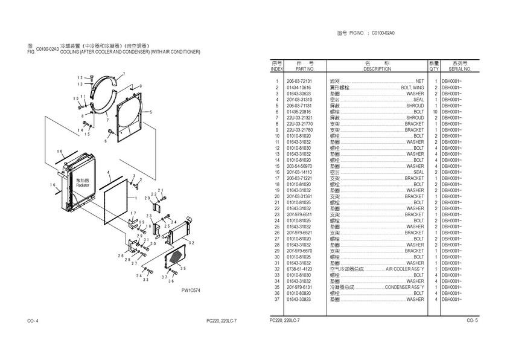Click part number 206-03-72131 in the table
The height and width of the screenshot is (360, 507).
(299, 82)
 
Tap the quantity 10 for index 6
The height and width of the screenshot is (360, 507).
(435, 112)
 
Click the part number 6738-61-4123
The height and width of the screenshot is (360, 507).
(299, 269)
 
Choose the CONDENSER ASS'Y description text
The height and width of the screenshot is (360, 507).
(404, 287)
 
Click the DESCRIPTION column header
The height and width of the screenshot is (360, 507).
(377, 69)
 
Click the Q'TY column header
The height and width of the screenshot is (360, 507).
(434, 69)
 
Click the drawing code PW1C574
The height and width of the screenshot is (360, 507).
(190, 291)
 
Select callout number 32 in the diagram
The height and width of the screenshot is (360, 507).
(191, 242)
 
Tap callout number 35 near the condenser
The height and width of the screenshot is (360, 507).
(183, 269)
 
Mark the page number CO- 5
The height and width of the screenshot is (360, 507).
(472, 320)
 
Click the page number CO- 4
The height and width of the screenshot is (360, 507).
(33, 320)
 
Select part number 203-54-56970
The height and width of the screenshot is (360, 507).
(299, 166)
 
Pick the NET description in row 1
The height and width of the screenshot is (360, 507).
(419, 82)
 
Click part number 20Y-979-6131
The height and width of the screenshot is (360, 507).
(299, 287)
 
